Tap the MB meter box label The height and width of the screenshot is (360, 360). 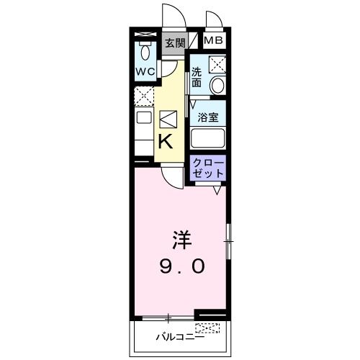(213, 41)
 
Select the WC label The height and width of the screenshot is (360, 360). (145, 72)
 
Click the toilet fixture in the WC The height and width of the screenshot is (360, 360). (146, 51)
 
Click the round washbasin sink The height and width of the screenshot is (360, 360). (217, 85)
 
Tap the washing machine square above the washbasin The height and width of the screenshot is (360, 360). (217, 64)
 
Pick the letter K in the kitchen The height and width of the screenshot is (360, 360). (166, 140)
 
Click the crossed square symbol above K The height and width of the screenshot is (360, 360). (167, 117)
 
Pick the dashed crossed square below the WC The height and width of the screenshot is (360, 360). (143, 94)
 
